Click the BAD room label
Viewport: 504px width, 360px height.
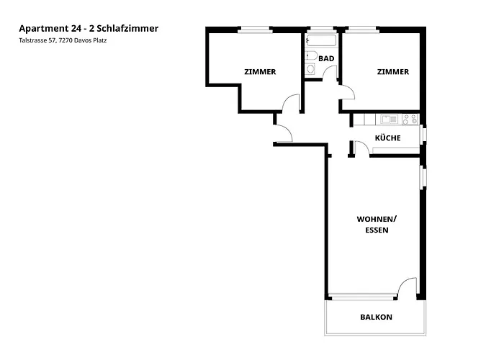pos(326,58)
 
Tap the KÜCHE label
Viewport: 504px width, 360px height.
pos(387,138)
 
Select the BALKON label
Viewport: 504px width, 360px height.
pos(377,317)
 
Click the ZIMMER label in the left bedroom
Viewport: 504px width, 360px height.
pos(260,72)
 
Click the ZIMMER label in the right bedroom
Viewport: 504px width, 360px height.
pos(392,72)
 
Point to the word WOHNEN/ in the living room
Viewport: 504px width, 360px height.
pos(377,219)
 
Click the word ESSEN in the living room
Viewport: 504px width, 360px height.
pos(377,230)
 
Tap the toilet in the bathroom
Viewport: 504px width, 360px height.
pos(310,55)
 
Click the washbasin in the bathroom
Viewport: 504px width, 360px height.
pos(310,70)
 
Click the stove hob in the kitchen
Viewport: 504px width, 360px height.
pos(410,119)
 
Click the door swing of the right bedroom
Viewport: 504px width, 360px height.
pos(346,92)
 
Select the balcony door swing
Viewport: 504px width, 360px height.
pos(408,287)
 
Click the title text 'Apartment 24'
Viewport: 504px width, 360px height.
pos(47,29)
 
